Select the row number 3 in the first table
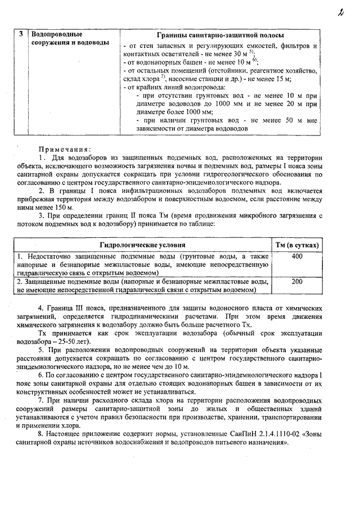[21, 34]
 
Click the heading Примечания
[64, 149]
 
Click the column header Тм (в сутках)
[298, 245]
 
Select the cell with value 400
[298, 256]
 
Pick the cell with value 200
[298, 282]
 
